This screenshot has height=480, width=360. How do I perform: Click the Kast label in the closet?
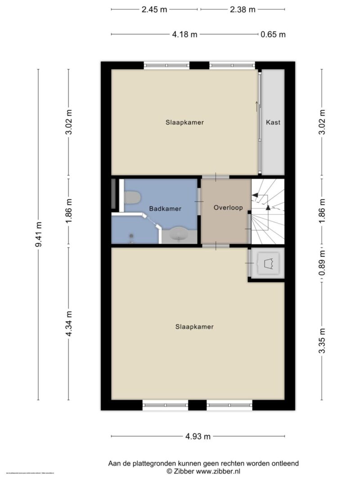point(273,122)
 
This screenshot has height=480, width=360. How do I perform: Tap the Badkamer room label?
point(165,209)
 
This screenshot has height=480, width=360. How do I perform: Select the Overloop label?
point(228,208)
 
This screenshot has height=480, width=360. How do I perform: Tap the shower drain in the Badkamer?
point(132,236)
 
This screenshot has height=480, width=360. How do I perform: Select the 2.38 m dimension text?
point(242,9)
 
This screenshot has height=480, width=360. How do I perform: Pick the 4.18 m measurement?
point(184,34)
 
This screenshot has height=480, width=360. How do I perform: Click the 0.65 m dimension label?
point(273,34)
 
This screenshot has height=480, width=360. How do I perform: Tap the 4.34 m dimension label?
point(69,324)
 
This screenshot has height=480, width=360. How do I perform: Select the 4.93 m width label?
point(198,436)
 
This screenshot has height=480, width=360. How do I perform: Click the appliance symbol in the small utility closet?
point(268,263)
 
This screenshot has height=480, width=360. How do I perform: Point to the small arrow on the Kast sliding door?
point(257,106)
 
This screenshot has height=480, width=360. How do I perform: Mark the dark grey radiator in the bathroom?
point(113,194)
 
